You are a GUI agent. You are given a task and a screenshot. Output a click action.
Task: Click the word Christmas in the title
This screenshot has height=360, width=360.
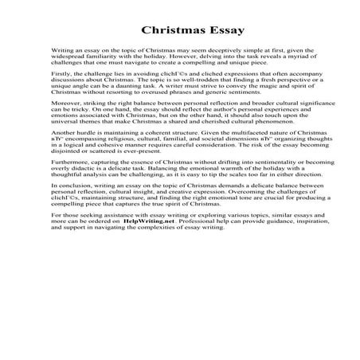pos(168,31)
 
